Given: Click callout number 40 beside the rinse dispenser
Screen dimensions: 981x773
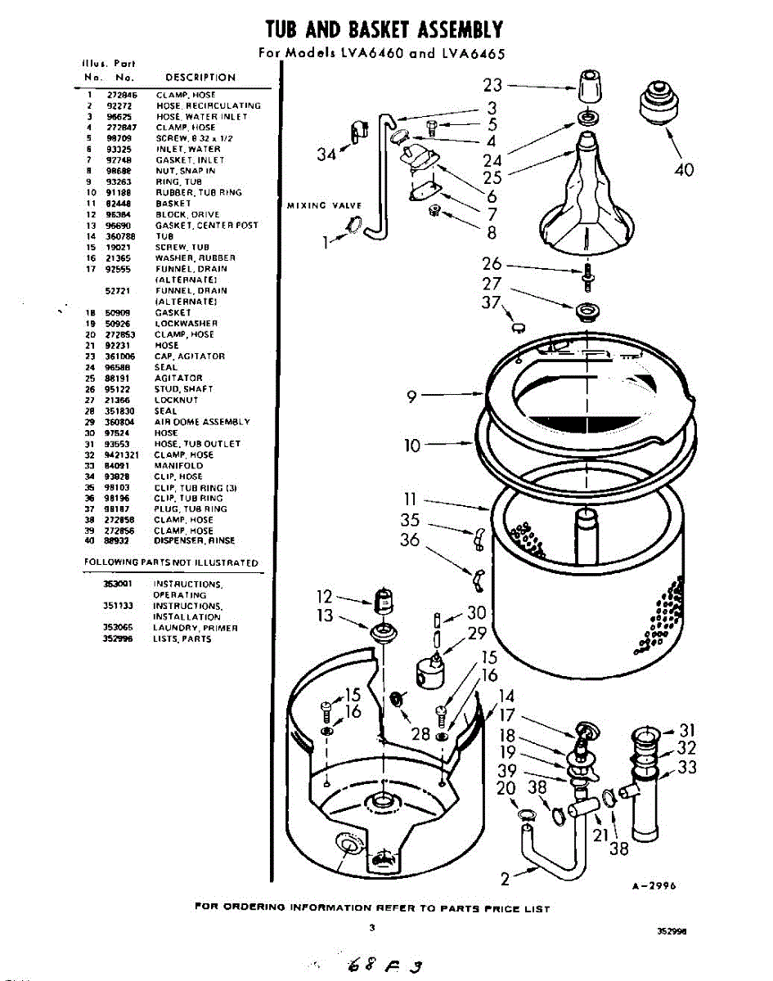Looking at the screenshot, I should (x=684, y=169).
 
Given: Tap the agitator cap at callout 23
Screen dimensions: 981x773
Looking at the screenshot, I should (x=587, y=85).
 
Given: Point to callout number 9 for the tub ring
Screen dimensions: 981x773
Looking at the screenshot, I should (x=413, y=397).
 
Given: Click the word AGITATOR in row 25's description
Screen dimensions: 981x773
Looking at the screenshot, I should (x=178, y=379).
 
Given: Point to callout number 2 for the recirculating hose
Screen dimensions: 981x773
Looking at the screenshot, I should (x=506, y=880).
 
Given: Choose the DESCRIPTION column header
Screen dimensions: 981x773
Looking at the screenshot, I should (x=200, y=78).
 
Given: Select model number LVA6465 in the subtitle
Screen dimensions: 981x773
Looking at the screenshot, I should (x=472, y=55).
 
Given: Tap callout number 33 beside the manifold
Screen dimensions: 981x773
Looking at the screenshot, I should (x=688, y=768).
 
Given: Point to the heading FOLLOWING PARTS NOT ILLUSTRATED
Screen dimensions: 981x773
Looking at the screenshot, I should (x=171, y=562).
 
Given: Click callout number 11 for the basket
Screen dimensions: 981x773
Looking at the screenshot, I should (x=411, y=499).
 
